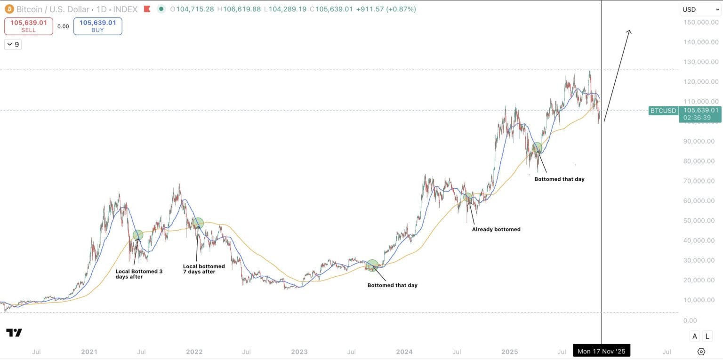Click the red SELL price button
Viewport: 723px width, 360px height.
(28, 26)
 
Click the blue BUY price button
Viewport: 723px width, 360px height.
(97, 26)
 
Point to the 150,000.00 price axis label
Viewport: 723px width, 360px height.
(700, 22)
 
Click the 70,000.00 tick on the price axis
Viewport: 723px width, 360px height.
(701, 181)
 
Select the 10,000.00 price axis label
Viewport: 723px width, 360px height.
(701, 300)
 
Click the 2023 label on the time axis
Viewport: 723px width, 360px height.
(299, 352)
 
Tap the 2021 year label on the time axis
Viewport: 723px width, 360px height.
(89, 352)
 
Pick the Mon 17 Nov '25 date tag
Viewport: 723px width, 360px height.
(601, 351)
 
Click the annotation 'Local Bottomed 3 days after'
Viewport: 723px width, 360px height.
(139, 274)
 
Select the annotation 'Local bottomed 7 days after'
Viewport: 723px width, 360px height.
(204, 269)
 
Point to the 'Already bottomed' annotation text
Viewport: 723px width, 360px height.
(496, 230)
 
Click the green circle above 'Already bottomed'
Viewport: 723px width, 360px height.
(468, 198)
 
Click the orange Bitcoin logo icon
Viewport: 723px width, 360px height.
(9, 9)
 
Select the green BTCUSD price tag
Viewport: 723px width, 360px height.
(663, 111)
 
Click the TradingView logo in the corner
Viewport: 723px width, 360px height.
(14, 333)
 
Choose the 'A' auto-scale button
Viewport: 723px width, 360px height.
(695, 336)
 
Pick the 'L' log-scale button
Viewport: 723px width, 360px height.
(707, 336)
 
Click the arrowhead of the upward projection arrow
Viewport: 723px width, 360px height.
(629, 32)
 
